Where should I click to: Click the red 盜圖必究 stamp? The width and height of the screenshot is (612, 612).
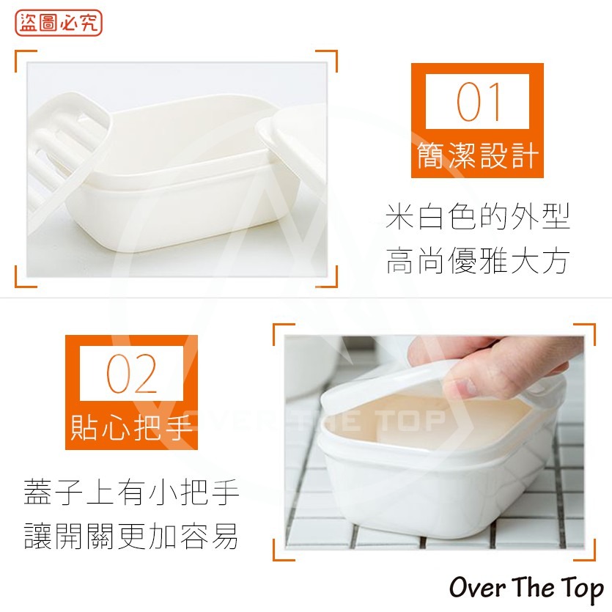tap(59, 23)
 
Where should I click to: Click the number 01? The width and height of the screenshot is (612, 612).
tap(477, 103)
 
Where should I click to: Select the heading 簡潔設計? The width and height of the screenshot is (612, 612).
tap(478, 156)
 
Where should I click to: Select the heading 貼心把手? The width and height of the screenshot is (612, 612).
tap(132, 427)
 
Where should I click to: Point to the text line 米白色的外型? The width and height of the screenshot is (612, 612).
tap(478, 218)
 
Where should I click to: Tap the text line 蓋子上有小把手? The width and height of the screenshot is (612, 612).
tap(132, 493)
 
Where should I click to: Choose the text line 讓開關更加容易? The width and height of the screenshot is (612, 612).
tap(132, 537)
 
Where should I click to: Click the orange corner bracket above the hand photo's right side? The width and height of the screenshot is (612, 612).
tap(585, 333)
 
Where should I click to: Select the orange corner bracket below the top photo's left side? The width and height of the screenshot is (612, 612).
tap(25, 277)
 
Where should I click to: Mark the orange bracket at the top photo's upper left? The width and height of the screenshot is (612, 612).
tap(25, 61)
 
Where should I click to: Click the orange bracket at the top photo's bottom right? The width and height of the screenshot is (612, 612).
tap(328, 277)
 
